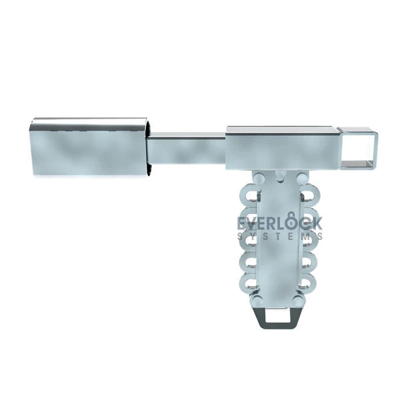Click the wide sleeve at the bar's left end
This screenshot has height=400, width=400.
[89, 147]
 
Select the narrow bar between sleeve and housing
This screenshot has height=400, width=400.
[186, 148]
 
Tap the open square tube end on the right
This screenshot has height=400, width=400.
[358, 149]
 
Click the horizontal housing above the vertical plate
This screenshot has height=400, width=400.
[280, 148]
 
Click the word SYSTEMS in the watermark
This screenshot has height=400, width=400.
[280, 236]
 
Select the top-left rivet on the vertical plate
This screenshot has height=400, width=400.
[256, 179]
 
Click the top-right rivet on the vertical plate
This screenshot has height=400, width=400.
[303, 179]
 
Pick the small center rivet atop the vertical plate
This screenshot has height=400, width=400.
[279, 175]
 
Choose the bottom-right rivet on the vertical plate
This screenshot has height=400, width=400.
[299, 301]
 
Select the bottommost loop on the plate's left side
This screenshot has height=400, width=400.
[250, 283]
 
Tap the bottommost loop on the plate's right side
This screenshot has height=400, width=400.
[307, 283]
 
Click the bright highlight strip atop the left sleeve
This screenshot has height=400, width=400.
[89, 123]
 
